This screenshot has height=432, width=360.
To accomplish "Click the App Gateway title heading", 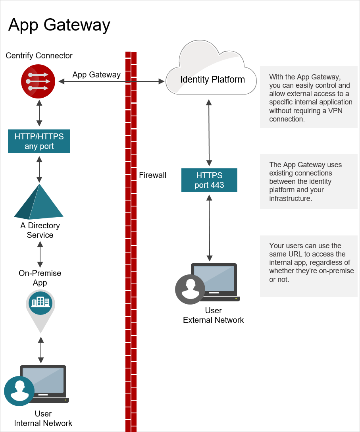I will tap(59, 25).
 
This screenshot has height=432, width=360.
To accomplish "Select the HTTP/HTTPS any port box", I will tap(39, 141).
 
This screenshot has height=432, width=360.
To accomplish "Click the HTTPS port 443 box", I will tap(209, 180).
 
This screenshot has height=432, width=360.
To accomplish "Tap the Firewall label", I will tap(152, 175).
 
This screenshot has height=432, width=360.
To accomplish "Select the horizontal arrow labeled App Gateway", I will tap(112, 81).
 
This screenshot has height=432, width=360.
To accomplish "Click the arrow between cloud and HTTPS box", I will tap(209, 133).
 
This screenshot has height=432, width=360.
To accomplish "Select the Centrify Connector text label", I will tap(39, 56).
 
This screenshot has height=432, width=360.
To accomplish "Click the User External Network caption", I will tap(213, 315).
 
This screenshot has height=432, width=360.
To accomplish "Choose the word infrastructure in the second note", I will tap(290, 198).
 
